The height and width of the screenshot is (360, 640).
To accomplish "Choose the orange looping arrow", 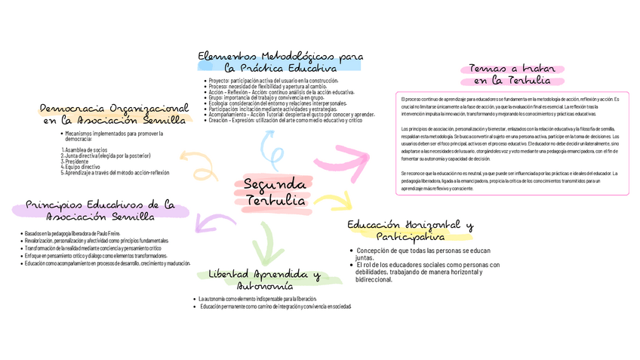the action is (198, 163).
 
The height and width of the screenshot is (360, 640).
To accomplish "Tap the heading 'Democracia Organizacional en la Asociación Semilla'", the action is (113, 113).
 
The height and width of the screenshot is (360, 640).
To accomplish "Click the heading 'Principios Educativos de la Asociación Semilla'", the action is (100, 211).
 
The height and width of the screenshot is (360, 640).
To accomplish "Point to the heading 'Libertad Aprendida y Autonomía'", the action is (264, 280).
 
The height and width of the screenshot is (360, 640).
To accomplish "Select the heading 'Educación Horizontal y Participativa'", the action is (410, 231).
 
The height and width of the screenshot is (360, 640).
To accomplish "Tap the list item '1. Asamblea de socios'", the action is (84, 150).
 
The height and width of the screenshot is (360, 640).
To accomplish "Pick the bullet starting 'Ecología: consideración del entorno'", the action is (277, 103).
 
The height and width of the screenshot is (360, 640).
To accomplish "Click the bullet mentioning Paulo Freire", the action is (72, 234).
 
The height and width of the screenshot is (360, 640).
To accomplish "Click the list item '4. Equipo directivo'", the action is (81, 167).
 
